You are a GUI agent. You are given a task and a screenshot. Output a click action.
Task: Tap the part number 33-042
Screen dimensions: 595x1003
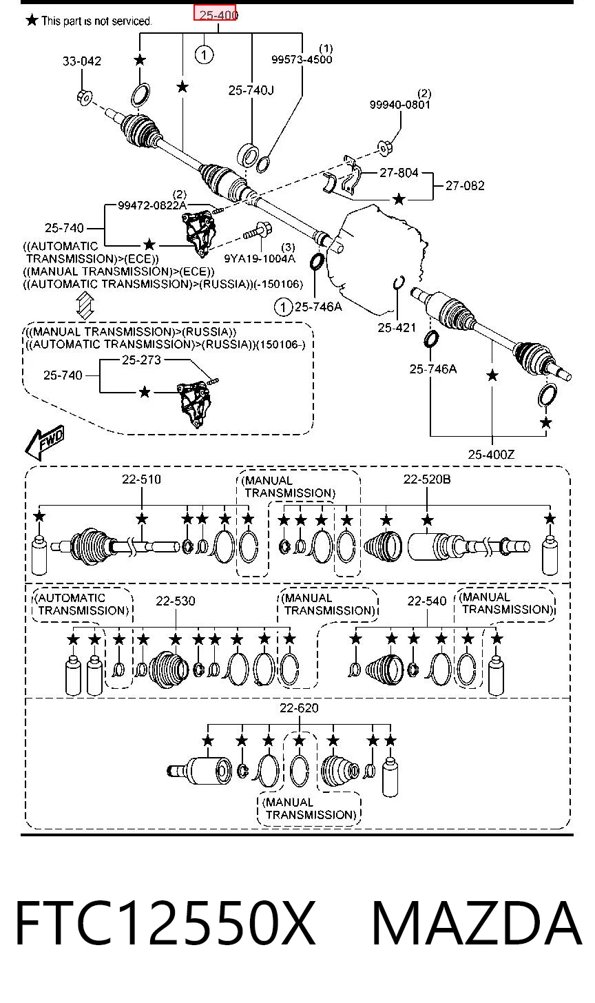[82, 61]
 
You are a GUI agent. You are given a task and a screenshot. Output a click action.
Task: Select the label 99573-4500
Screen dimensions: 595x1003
[302, 59]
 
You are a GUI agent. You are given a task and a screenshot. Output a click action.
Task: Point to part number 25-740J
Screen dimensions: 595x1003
[251, 90]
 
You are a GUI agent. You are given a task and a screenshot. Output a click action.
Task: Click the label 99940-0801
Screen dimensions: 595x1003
[400, 105]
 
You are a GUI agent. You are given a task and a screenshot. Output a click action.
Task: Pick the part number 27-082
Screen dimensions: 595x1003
[465, 185]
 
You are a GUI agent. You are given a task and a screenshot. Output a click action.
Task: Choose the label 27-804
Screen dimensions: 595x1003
[399, 172]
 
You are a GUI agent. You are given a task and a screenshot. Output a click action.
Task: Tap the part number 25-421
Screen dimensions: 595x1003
[397, 328]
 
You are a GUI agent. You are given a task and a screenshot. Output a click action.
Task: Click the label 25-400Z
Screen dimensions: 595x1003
[491, 455]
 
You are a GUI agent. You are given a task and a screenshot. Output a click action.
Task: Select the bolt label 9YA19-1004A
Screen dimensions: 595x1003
[260, 258]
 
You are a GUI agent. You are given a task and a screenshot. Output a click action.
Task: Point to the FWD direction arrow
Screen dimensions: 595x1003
[45, 442]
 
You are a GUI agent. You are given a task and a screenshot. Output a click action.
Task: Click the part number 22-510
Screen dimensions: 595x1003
[141, 479]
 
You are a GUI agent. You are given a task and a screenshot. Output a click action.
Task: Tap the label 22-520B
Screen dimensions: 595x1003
[427, 479]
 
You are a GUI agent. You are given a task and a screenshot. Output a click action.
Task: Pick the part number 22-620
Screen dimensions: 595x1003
[299, 708]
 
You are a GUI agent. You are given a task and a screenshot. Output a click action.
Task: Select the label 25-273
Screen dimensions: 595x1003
[141, 360]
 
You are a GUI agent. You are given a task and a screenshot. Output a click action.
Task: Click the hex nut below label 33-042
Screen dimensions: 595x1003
[84, 96]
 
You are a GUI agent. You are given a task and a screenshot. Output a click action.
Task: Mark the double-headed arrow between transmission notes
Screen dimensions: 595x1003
[85, 305]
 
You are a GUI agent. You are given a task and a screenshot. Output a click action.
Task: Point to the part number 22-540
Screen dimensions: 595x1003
[427, 601]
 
